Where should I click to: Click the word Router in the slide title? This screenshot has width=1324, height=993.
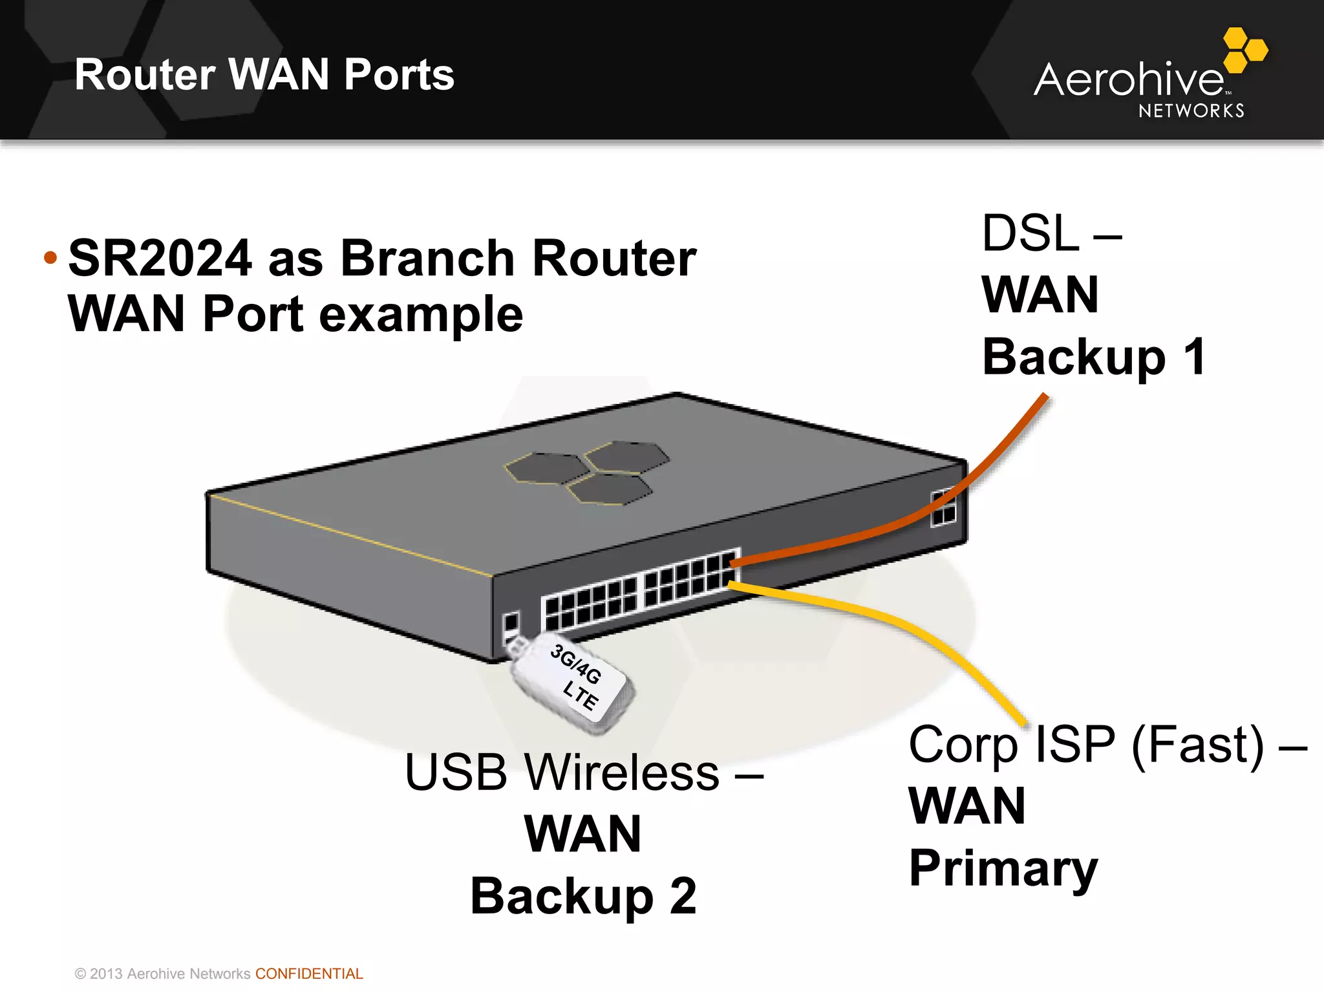click(x=145, y=74)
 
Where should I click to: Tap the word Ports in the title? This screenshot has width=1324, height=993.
click(x=399, y=74)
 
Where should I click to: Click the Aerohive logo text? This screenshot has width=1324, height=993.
click(x=1128, y=80)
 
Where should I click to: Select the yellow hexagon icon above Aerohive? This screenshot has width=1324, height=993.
click(x=1245, y=50)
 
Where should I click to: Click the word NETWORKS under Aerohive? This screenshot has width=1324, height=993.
click(x=1191, y=111)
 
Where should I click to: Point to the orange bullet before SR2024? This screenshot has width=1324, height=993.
click(x=50, y=259)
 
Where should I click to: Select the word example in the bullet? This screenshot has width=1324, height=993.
click(x=420, y=315)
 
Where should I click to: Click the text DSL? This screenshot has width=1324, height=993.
click(x=1030, y=233)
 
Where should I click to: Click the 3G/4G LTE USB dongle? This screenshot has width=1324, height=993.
click(x=572, y=685)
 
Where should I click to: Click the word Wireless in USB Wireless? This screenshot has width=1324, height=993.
click(x=621, y=773)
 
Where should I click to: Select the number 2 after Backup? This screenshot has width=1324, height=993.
click(x=683, y=897)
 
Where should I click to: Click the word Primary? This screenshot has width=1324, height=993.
click(x=1003, y=868)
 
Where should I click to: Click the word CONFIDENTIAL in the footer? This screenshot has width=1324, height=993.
click(x=309, y=974)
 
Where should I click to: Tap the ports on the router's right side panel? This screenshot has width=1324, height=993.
click(x=943, y=509)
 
